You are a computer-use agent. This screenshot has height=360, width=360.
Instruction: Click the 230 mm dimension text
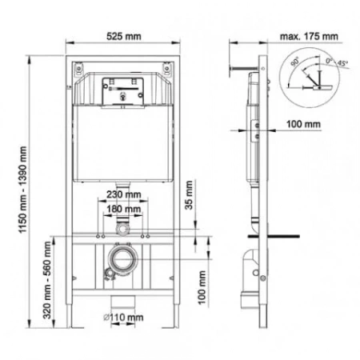122,194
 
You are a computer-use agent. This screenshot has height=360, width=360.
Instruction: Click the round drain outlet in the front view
122,260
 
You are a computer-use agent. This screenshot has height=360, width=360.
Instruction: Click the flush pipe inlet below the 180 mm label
122,229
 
